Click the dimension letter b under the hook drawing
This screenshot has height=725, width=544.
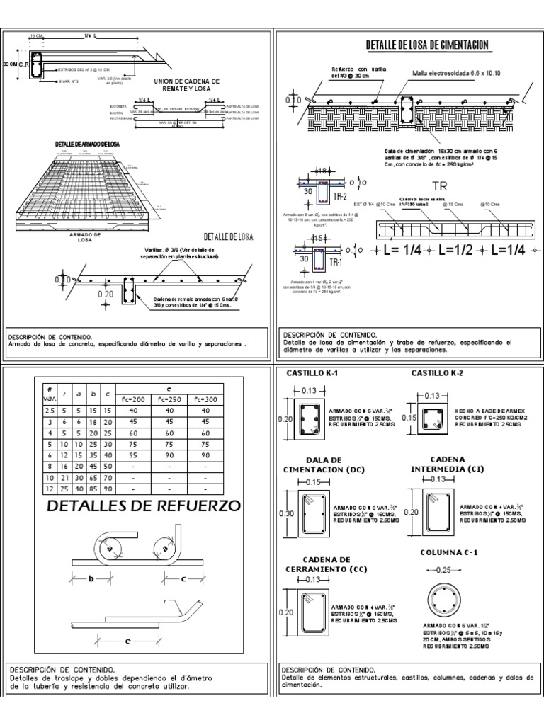tap(91, 578)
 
